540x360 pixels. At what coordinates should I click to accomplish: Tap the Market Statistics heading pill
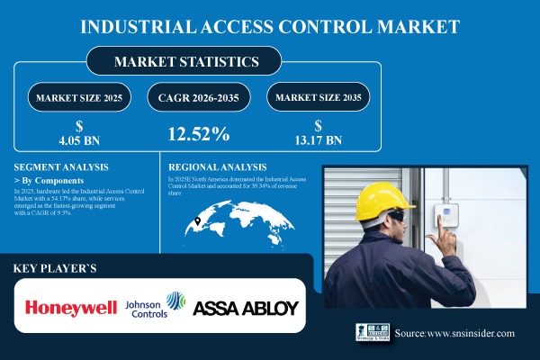point(184,62)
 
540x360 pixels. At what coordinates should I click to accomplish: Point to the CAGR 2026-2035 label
point(197,96)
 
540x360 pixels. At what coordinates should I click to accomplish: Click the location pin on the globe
point(197,221)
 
